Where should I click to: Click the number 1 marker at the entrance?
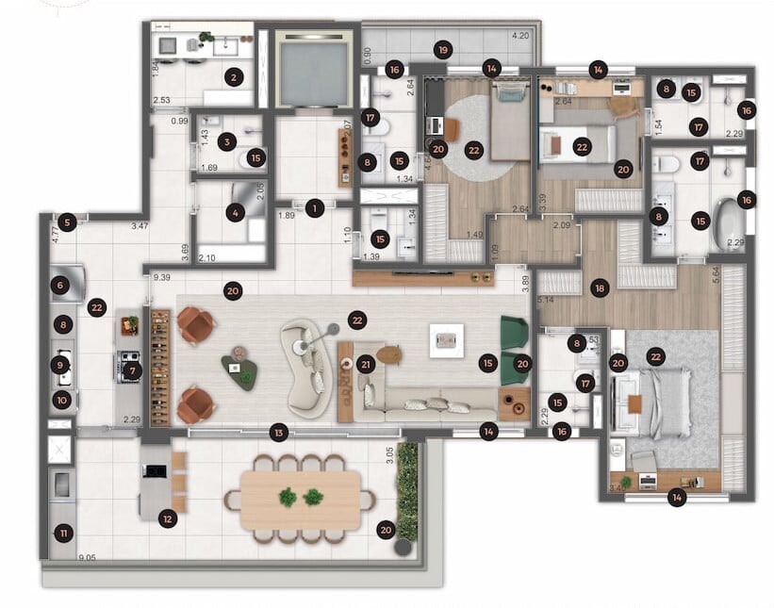(315, 206)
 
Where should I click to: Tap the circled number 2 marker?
(235, 77)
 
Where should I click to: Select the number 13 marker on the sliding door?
(277, 433)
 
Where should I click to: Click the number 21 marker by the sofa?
(366, 364)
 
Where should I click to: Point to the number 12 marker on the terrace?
(167, 518)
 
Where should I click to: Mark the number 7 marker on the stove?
(131, 370)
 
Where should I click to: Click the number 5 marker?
(64, 223)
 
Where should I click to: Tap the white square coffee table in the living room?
(445, 340)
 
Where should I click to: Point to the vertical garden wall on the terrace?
(407, 490)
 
